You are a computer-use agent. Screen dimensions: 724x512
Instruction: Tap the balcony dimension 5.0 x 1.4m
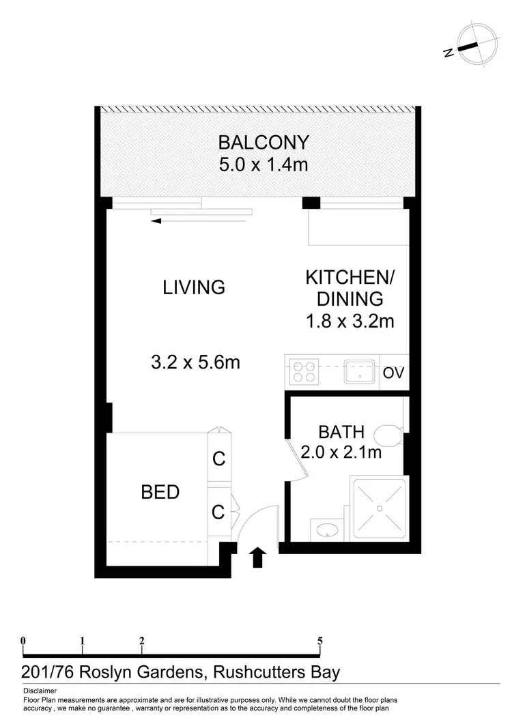pos(263,165)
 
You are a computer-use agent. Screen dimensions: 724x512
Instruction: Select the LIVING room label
pos(194,287)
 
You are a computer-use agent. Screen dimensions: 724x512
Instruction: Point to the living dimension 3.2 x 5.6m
pos(195,362)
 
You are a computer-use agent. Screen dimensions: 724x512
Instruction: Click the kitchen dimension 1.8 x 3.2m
pos(350,321)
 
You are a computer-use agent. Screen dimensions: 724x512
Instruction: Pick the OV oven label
pos(393,373)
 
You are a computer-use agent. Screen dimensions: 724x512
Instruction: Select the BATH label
pos(341,432)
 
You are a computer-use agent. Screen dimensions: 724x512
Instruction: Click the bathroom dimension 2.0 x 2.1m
pos(341,451)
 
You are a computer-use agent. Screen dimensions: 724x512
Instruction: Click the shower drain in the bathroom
pos(380,508)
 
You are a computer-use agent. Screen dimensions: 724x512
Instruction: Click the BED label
pos(160,491)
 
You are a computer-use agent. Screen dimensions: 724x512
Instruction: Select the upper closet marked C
pos(218,459)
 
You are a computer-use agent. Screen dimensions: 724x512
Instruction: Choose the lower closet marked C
pos(218,512)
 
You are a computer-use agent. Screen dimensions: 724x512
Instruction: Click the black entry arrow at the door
pos(257,557)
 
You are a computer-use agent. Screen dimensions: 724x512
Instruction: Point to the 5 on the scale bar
pos(319,641)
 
